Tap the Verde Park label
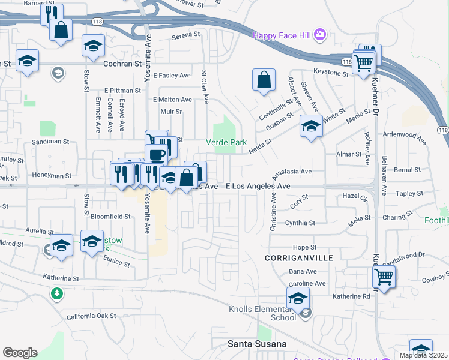click(226, 143)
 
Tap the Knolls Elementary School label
click(262, 314)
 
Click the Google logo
click(19, 353)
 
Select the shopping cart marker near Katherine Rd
click(383, 277)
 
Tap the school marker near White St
click(310, 126)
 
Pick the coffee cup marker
click(157, 154)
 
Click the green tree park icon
click(56, 293)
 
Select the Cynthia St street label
click(300, 223)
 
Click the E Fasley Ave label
click(172, 76)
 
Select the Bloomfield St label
click(110, 216)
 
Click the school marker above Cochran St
click(93, 46)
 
